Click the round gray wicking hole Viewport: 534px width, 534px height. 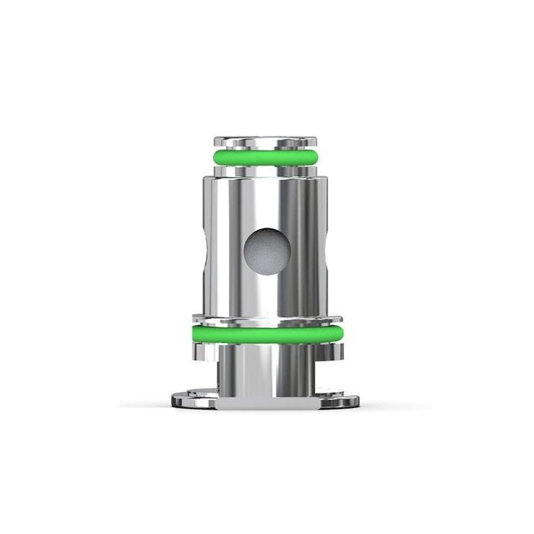click(x=266, y=249)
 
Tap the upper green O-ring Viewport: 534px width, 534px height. click(x=266, y=159)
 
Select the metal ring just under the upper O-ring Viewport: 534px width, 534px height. click(x=266, y=172)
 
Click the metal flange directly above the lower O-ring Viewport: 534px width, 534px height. click(x=266, y=319)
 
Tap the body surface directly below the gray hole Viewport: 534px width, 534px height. click(x=266, y=294)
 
